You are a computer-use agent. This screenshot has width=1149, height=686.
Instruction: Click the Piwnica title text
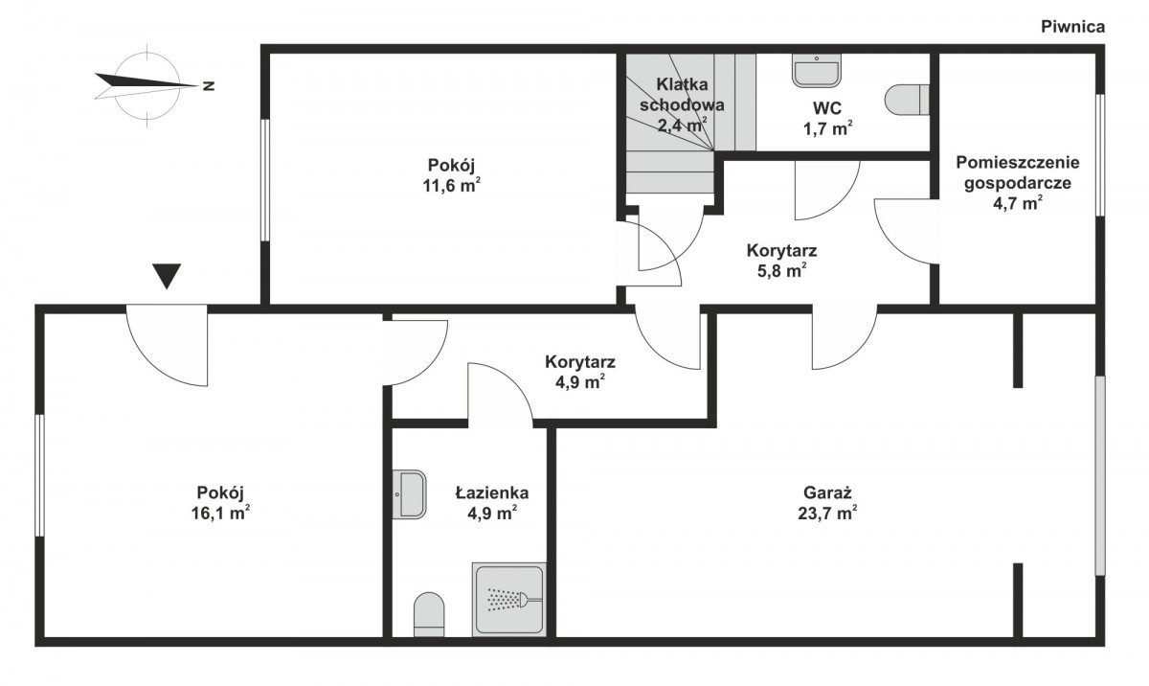pos(1072,27)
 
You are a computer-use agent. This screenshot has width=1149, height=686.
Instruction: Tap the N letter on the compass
pos(209,85)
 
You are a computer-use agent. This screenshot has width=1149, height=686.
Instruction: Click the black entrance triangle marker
pos(167,276)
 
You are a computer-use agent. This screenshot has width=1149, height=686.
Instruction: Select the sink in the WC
pos(816,70)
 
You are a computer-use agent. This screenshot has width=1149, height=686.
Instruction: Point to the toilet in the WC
pos(908,100)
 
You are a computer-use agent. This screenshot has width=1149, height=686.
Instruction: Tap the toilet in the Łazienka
pos(429,615)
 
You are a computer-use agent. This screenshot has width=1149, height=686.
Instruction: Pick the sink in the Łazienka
pos(410,494)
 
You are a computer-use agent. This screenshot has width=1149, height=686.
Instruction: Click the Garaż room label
pos(827,493)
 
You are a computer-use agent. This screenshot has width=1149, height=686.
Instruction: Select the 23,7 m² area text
pos(827,513)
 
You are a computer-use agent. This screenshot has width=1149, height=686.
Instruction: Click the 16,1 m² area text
pos(220,513)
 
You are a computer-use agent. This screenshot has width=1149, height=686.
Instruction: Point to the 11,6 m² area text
pos(451,185)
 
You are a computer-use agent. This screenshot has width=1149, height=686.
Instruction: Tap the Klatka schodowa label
pos(682,94)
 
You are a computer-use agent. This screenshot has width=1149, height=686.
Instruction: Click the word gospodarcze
pos(1018,183)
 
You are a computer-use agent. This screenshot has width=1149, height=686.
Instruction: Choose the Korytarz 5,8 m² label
pos(781,261)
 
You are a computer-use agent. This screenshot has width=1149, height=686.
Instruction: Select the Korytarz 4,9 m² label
pos(580,372)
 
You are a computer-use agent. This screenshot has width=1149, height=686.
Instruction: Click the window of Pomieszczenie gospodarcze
pos(1100,154)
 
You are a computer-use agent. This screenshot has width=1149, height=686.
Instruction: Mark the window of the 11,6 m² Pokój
pos(265,180)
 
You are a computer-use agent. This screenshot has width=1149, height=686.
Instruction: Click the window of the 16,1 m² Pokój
pos(39,475)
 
